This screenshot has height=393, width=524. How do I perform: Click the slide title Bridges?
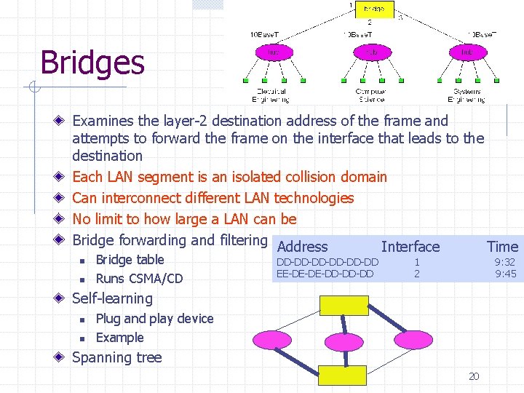(92, 63)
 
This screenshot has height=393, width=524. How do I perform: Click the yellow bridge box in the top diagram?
(375, 9)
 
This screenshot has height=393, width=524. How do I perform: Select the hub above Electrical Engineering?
(271, 52)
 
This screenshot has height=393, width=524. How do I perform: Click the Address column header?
(303, 247)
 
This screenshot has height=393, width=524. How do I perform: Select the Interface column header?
(410, 247)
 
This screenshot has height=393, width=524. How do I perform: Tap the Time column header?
(502, 247)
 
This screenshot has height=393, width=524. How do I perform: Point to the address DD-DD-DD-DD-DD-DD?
(327, 262)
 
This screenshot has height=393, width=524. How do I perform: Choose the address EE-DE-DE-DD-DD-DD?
(325, 274)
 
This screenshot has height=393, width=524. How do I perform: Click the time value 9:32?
(505, 262)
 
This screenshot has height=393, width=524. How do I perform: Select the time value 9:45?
(505, 274)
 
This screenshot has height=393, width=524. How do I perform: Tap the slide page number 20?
(474, 376)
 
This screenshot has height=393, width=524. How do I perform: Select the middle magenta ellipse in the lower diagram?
(343, 341)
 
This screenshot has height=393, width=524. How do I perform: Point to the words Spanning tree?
(117, 357)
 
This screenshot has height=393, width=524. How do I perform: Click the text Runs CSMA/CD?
(139, 279)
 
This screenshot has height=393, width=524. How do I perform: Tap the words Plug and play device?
(154, 319)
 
